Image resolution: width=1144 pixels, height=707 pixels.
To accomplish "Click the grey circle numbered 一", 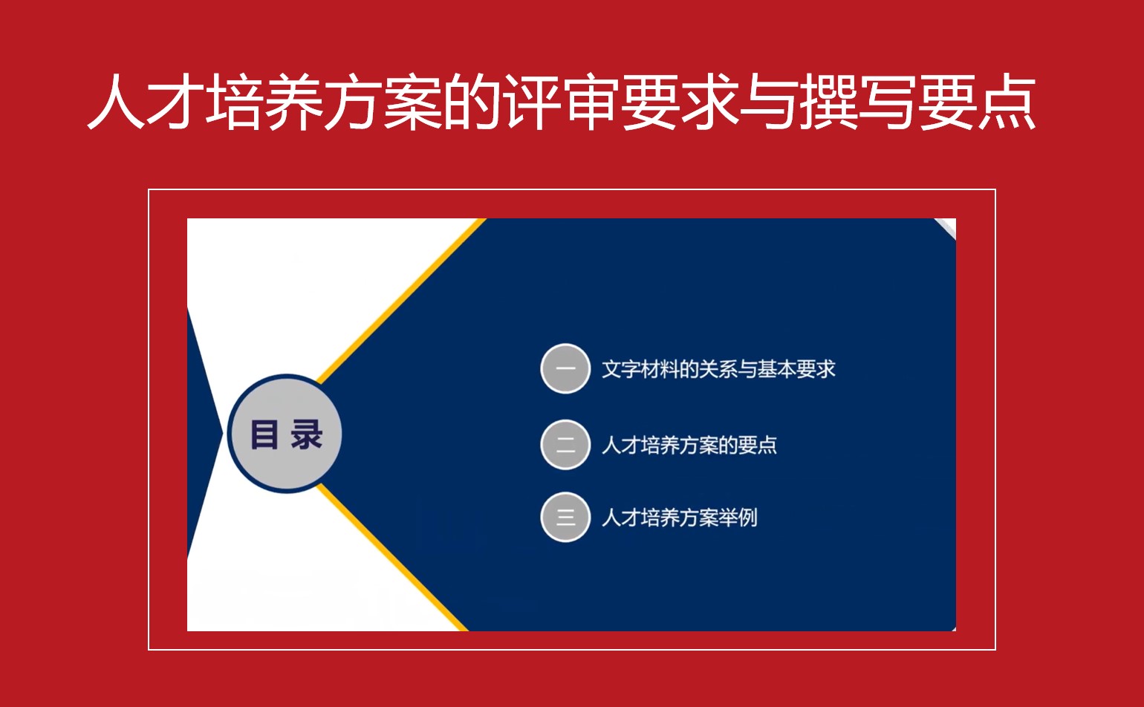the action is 565,368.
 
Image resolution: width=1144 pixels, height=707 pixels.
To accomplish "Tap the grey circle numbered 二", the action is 565,445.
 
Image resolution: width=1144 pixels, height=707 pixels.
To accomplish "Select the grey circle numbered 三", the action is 565,517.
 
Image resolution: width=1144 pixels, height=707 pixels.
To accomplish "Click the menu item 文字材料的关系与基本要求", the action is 718,369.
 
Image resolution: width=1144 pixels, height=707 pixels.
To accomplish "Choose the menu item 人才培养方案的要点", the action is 689,445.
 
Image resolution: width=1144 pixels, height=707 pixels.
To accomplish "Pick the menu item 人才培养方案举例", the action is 680,518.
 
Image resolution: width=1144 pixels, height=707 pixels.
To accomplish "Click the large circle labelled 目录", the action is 285,434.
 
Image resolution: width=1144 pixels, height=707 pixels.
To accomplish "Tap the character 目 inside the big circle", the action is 264,435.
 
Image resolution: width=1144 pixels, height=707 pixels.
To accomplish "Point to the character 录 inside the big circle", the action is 306,435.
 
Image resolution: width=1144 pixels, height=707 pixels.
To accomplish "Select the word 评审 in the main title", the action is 562,102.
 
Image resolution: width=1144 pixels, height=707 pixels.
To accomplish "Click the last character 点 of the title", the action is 1007,102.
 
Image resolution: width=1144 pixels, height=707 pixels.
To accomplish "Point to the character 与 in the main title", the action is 769,102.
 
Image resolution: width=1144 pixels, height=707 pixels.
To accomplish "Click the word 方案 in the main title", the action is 384,102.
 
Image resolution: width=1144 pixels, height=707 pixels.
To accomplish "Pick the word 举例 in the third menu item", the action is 738,518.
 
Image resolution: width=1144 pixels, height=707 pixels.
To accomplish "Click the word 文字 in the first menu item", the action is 621,369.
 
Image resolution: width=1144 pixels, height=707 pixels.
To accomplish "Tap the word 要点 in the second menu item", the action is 758,445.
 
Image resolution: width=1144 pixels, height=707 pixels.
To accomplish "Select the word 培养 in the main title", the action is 264,102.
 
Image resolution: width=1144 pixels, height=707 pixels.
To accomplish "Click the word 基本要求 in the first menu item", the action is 796,369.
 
